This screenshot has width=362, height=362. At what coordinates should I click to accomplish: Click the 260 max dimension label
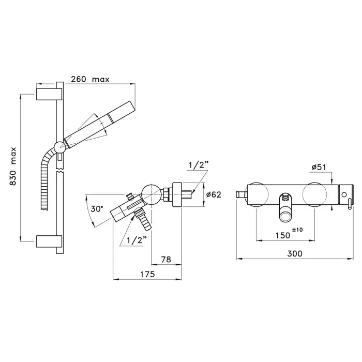click(90, 79)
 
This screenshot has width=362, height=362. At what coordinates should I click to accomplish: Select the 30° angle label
click(97, 209)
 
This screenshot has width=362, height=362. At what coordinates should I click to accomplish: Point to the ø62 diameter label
click(214, 194)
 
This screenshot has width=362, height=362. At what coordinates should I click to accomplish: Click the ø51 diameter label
click(319, 167)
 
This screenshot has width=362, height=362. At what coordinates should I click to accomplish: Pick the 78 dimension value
click(166, 260)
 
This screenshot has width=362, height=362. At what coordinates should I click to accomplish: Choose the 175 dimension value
click(147, 274)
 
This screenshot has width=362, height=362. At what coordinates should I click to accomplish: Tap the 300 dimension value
click(295, 254)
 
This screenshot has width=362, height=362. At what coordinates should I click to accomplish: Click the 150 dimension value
click(283, 235)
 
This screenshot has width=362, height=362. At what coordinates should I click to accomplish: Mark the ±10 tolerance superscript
click(297, 230)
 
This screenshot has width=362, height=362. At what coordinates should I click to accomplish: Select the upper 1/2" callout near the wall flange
click(199, 165)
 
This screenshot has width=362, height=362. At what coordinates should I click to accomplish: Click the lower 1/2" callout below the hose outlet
click(137, 240)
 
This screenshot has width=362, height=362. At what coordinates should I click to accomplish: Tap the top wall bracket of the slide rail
click(49, 94)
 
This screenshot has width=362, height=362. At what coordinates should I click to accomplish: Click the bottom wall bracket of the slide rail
click(49, 242)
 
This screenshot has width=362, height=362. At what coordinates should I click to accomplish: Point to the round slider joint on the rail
click(60, 147)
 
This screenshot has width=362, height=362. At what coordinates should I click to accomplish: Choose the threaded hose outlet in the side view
click(143, 219)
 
